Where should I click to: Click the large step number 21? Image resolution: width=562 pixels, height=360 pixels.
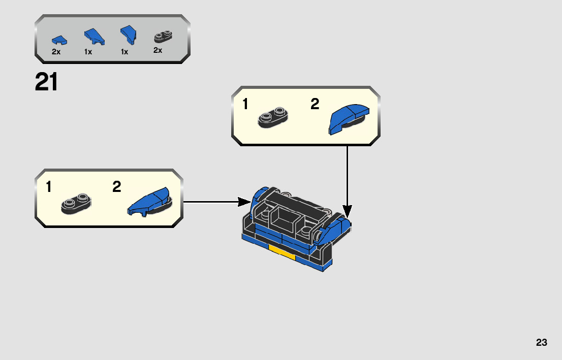[x=46, y=82]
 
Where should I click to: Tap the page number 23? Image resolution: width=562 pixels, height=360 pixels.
[x=542, y=342]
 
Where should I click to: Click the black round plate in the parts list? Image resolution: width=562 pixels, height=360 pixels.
[x=163, y=37]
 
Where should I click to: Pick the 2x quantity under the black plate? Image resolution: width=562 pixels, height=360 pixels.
[x=158, y=50]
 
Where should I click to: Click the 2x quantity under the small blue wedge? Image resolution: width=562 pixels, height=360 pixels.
[x=56, y=52]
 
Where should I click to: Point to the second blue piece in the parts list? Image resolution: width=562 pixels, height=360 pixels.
[x=95, y=37]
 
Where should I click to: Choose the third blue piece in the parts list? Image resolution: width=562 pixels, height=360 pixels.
[x=129, y=35]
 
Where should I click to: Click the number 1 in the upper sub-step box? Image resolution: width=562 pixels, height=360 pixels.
[x=245, y=104]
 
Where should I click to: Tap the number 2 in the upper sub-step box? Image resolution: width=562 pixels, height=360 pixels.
[x=315, y=104]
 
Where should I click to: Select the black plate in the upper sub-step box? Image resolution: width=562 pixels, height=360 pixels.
[x=273, y=117]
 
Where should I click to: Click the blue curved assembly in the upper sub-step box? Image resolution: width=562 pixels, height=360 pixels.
[x=349, y=119]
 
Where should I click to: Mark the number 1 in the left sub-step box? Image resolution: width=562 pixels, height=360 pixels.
[x=49, y=187]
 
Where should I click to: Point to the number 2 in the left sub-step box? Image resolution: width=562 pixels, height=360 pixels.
[x=116, y=187]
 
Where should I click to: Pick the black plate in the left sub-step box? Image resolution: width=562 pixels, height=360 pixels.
[x=76, y=204]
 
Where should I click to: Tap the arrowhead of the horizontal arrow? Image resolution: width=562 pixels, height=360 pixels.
[x=244, y=202]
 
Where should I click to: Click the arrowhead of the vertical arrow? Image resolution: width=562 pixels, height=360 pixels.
[x=347, y=211]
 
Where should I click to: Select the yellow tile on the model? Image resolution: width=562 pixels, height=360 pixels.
[x=282, y=252]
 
